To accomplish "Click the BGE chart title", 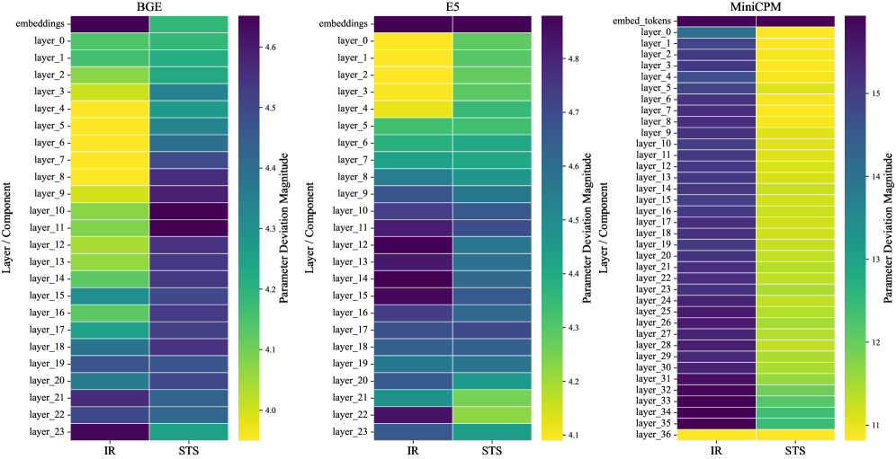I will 149,6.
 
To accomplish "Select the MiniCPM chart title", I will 756,6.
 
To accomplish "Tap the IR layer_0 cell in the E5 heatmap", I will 413,41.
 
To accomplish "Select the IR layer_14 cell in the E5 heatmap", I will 413,278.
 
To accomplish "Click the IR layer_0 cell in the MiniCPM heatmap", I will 716,32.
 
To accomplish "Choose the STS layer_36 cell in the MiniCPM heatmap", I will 795,435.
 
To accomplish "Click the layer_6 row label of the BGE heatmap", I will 48,143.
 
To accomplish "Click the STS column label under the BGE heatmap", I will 188,451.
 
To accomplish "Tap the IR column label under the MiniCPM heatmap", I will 716,451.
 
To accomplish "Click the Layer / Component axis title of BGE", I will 7,228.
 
